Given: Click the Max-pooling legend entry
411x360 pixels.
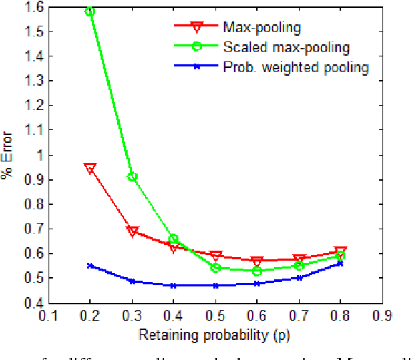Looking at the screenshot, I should coord(260,28).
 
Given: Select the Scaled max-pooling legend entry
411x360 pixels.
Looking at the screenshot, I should coord(285,48).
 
